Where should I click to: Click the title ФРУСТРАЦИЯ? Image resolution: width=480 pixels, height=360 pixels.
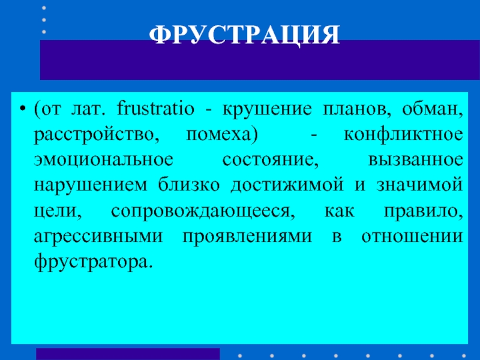point(244,35)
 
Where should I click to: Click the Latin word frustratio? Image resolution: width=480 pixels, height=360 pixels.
point(155,109)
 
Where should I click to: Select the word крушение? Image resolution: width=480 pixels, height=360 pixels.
point(267,110)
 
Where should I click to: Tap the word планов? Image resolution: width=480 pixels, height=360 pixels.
point(357,110)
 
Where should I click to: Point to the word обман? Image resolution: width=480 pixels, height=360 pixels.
point(432,109)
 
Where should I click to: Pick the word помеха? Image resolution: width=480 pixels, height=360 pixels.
point(222,135)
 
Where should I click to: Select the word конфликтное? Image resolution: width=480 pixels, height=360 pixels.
point(403,135)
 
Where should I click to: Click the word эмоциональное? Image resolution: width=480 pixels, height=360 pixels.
point(103,160)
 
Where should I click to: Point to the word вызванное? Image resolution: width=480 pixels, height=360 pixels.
point(415,160)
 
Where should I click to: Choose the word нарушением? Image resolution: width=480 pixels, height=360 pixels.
point(91,186)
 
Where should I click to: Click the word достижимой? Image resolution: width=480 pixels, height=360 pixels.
point(287,185)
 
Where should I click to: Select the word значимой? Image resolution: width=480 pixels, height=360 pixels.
point(419,185)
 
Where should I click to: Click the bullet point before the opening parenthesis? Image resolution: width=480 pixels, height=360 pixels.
point(22,109)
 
